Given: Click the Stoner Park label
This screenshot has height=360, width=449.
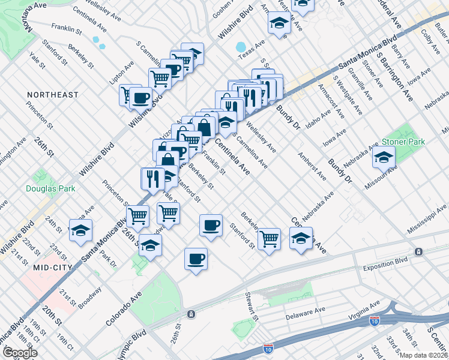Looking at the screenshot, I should pyautogui.click(x=403, y=142).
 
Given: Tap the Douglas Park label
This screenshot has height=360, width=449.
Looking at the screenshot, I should pyautogui.click(x=50, y=188).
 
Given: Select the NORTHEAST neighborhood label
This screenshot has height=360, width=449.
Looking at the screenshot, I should pyautogui.click(x=52, y=95).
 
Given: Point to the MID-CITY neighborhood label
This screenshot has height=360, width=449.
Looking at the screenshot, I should pyautogui.click(x=53, y=267).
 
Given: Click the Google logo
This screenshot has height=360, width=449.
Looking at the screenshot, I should pyautogui.click(x=19, y=353).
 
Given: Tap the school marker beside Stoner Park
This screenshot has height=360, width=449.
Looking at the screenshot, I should pyautogui.click(x=383, y=157).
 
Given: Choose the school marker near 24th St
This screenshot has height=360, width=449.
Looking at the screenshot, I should pyautogui.click(x=80, y=230).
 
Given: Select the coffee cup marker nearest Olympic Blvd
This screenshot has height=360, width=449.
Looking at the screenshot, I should pyautogui.click(x=196, y=259).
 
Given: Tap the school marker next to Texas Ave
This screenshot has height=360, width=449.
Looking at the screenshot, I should pyautogui.click(x=279, y=23).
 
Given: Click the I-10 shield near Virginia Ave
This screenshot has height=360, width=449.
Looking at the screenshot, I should pyautogui.click(x=375, y=322).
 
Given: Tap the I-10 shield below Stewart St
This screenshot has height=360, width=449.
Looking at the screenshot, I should pyautogui.click(x=268, y=348).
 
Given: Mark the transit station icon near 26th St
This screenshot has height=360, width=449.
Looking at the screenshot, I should pyautogui.click(x=191, y=314).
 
